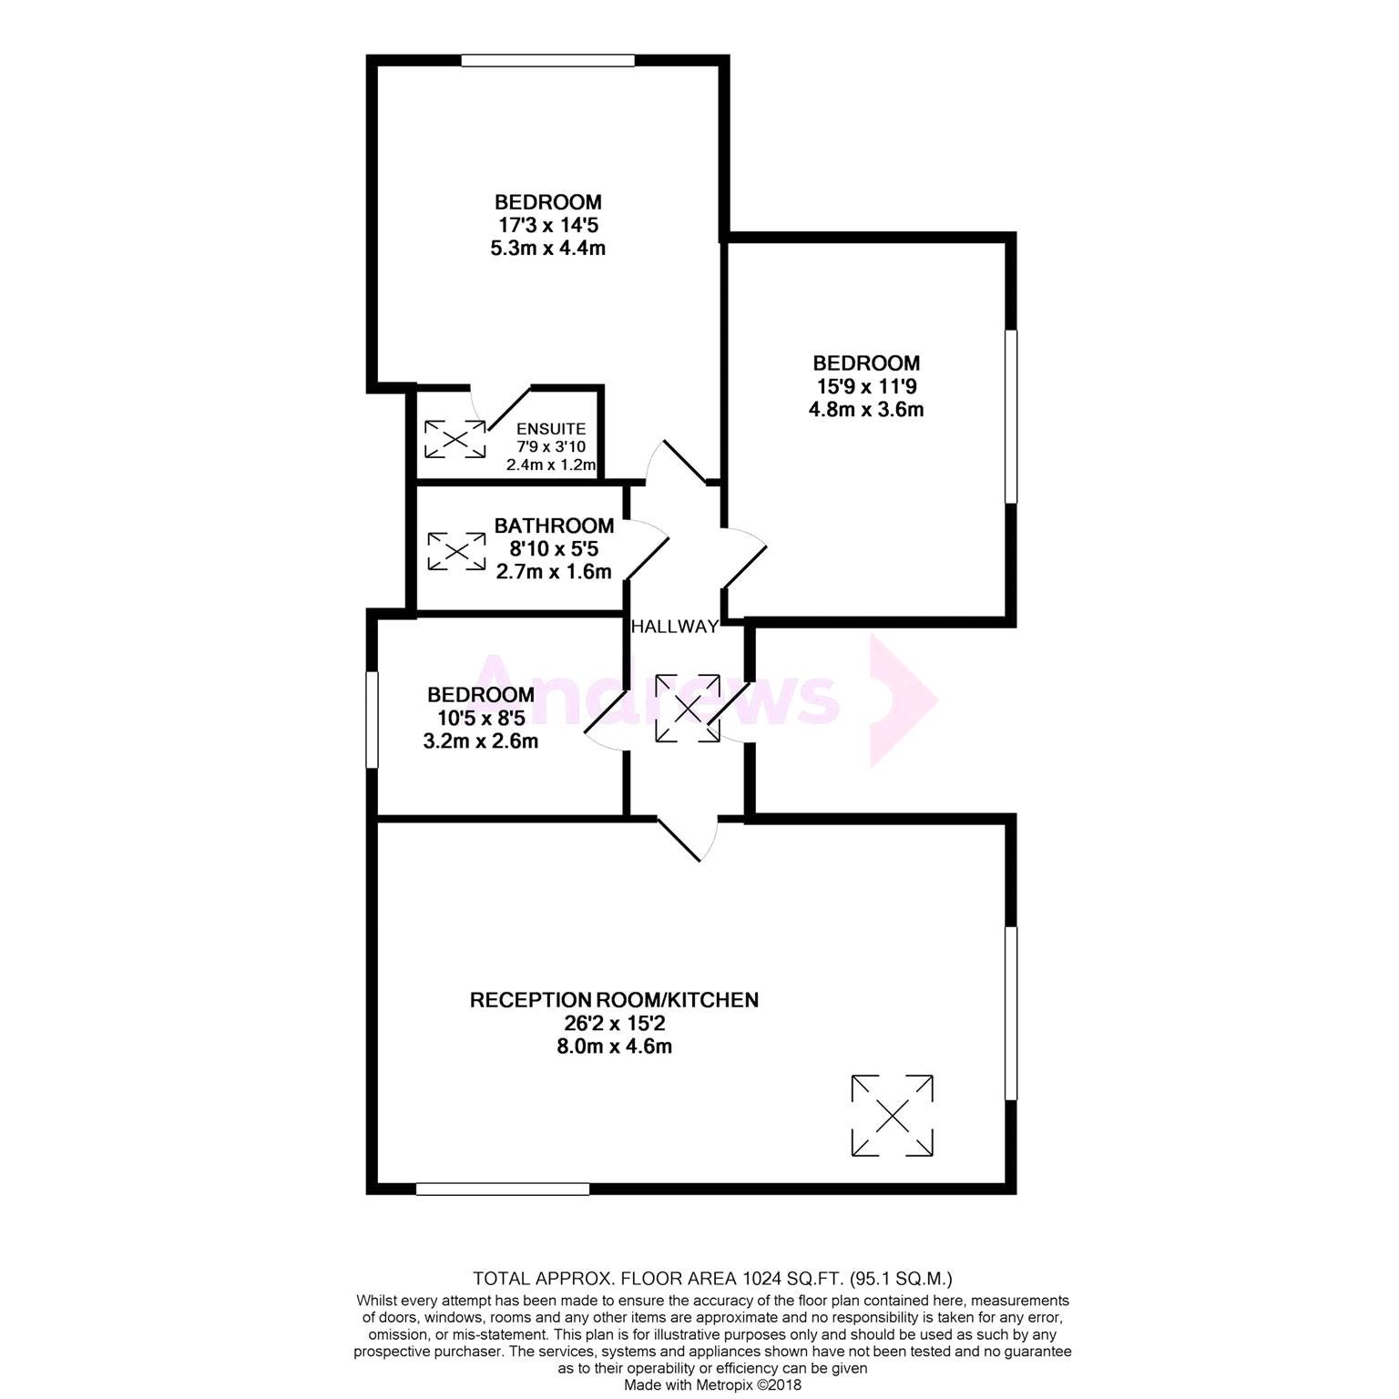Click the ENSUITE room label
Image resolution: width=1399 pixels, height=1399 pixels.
pyautogui.click(x=551, y=429)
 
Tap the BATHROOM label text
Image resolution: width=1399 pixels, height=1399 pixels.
pyautogui.click(x=554, y=526)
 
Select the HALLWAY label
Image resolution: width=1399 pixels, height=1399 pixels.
pyautogui.click(x=675, y=627)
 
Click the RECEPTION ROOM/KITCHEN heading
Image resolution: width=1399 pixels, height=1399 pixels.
pyautogui.click(x=614, y=1000)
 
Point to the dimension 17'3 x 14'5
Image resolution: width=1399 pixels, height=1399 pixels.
pyautogui.click(x=548, y=224)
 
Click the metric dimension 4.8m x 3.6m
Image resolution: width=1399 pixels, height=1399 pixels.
pyautogui.click(x=866, y=409)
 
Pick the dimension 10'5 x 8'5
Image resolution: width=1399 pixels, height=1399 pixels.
pyautogui.click(x=481, y=718)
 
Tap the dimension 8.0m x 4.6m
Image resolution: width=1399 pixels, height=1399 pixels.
pyautogui.click(x=614, y=1047)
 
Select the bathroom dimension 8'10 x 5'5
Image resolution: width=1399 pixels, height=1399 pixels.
pyautogui.click(x=554, y=548)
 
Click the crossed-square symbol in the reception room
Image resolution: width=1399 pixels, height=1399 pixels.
pyautogui.click(x=893, y=1116)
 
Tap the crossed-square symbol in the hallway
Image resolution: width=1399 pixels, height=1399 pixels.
pyautogui.click(x=688, y=707)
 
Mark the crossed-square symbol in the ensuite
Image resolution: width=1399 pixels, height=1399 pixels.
pyautogui.click(x=455, y=439)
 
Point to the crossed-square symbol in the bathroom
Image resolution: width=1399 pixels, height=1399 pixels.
pyautogui.click(x=456, y=551)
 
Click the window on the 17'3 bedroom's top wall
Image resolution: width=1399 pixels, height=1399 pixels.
pyautogui.click(x=547, y=61)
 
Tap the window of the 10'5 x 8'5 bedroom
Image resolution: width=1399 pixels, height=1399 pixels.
pyautogui.click(x=371, y=720)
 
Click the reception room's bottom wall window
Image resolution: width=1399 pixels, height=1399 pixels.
pyautogui.click(x=503, y=1188)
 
